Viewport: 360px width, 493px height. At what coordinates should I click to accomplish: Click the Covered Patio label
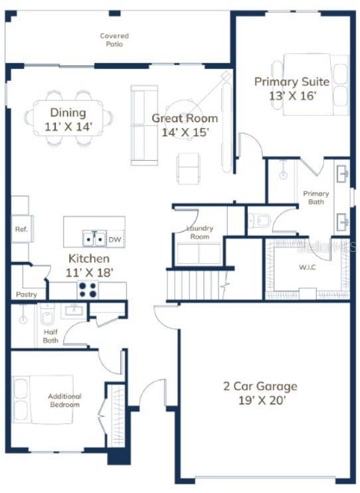click(114, 40)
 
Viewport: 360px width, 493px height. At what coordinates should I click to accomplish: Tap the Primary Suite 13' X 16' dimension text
click(292, 96)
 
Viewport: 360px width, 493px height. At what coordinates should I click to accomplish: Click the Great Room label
click(185, 119)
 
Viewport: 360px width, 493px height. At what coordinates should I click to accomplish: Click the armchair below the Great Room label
click(189, 167)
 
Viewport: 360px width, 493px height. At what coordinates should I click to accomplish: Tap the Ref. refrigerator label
click(20, 229)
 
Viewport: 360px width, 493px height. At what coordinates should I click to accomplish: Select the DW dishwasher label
click(114, 239)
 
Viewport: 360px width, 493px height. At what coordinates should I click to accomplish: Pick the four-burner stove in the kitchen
click(88, 290)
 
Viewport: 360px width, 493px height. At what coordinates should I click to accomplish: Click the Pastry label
click(27, 294)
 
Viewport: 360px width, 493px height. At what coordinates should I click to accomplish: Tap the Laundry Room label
click(199, 232)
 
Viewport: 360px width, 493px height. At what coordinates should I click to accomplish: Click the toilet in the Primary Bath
click(260, 219)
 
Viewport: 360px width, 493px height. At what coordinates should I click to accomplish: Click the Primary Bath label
click(316, 197)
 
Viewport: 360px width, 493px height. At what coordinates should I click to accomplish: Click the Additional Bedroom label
click(64, 401)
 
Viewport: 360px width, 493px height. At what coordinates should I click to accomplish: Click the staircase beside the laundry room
click(192, 284)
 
